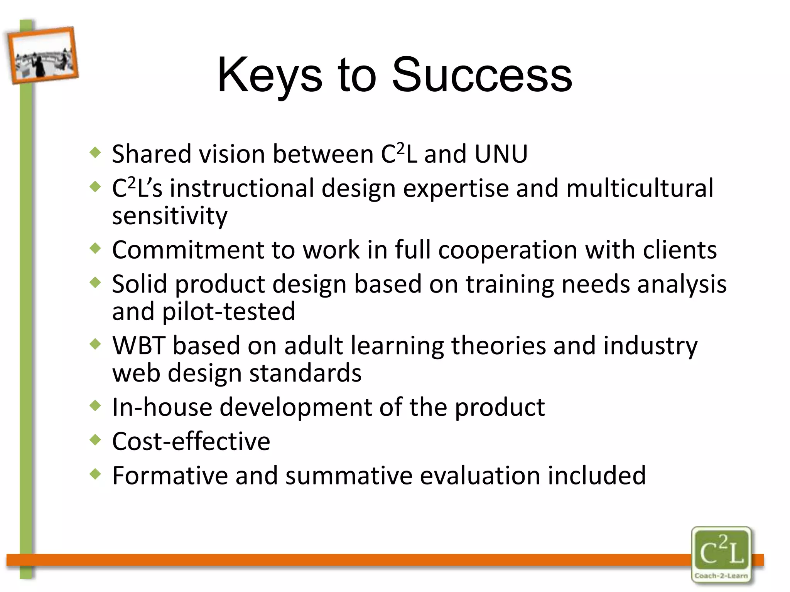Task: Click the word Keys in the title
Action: (x=269, y=75)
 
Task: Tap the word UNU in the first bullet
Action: (x=501, y=154)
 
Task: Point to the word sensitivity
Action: (x=170, y=216)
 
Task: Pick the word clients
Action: (x=680, y=250)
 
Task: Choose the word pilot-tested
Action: (x=228, y=311)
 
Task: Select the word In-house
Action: (x=162, y=407)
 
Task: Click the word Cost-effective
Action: (x=191, y=441)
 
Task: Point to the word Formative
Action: (x=170, y=476)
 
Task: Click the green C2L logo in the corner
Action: (x=721, y=551)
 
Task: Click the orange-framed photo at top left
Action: (x=42, y=55)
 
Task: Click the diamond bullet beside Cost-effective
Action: (x=95, y=439)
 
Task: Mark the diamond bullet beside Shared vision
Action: (x=95, y=153)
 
